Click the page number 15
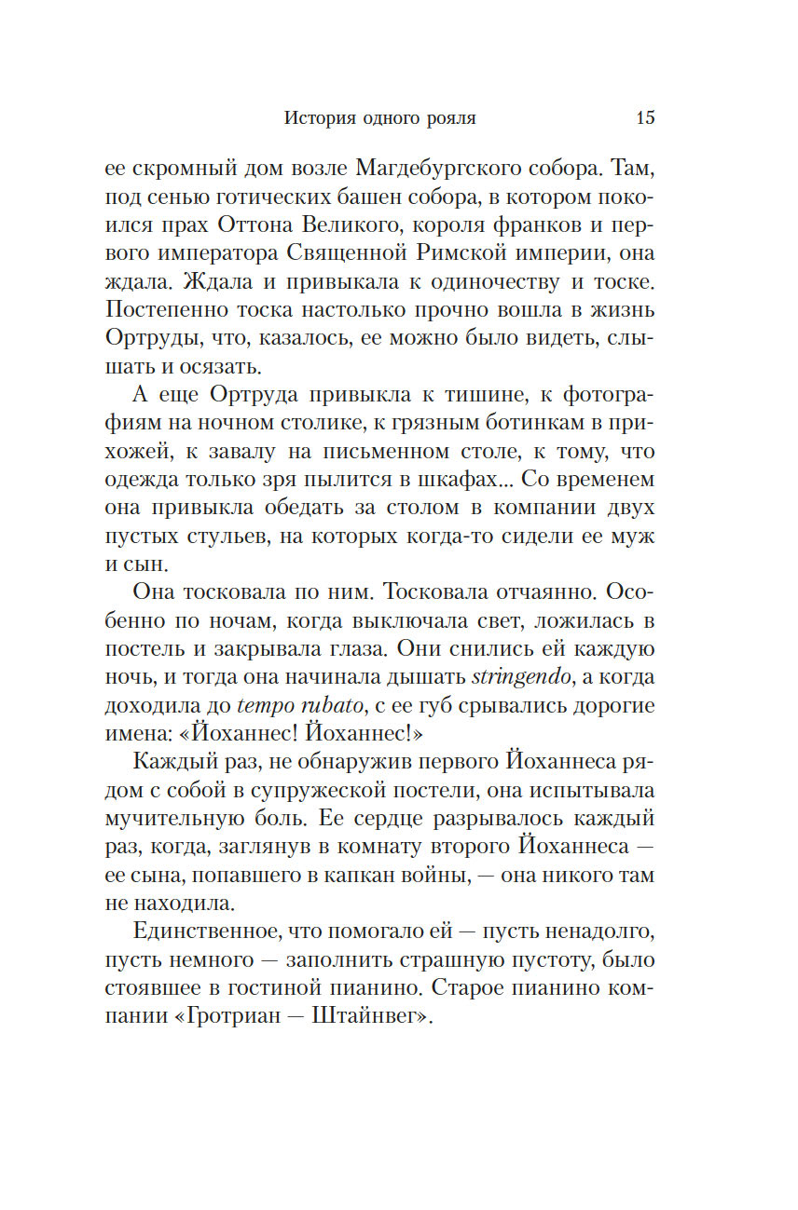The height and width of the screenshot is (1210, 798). [645, 118]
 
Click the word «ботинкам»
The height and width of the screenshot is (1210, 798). [529, 428]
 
